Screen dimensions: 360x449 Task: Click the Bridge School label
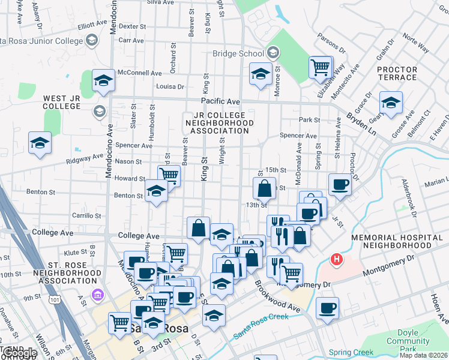coord(239,53)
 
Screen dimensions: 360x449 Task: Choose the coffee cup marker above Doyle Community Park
coord(327,308)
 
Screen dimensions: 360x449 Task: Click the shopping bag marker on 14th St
coord(264,188)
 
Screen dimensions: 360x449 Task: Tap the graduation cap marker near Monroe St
coord(260,74)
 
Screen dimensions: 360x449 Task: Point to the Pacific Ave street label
coord(220,102)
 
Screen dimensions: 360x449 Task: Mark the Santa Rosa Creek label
coord(262,325)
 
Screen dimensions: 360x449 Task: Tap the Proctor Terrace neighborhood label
coord(397,74)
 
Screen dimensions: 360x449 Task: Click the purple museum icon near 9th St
coord(96,295)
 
